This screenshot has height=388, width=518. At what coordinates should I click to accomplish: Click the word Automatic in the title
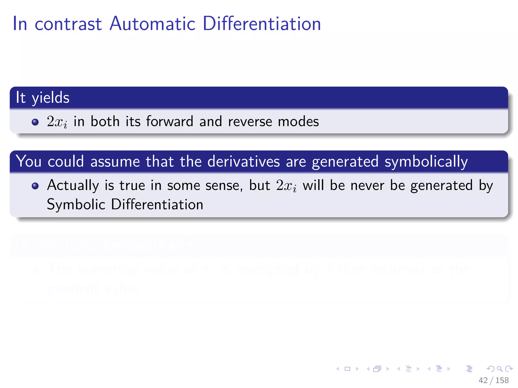pyautogui.click(x=153, y=24)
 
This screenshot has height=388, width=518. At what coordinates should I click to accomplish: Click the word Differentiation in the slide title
pyautogui.click(x=262, y=24)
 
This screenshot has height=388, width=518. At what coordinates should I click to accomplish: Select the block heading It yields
pyautogui.click(x=42, y=98)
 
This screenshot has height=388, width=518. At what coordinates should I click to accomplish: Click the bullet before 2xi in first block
pyautogui.click(x=35, y=122)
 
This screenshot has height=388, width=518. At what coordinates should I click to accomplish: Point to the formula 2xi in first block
pyautogui.click(x=57, y=122)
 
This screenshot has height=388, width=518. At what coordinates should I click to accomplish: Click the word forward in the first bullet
pyautogui.click(x=169, y=121)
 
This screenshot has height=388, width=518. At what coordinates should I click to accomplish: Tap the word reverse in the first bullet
pyautogui.click(x=250, y=122)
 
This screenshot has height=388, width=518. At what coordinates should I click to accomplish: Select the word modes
pyautogui.click(x=298, y=121)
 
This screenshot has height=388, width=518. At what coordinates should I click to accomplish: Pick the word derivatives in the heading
pyautogui.click(x=243, y=161)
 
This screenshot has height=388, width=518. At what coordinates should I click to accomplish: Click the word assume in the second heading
pyautogui.click(x=115, y=162)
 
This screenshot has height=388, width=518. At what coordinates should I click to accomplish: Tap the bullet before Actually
pyautogui.click(x=35, y=186)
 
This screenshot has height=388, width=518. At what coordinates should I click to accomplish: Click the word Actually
pyautogui.click(x=73, y=186)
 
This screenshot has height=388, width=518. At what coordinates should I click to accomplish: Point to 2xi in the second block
pyautogui.click(x=286, y=186)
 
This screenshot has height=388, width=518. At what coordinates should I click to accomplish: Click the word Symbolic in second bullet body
pyautogui.click(x=76, y=204)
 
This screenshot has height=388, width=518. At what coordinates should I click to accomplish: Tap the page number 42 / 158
pyautogui.click(x=493, y=380)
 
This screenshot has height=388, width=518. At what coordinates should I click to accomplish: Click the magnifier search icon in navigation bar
pyautogui.click(x=500, y=369)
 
